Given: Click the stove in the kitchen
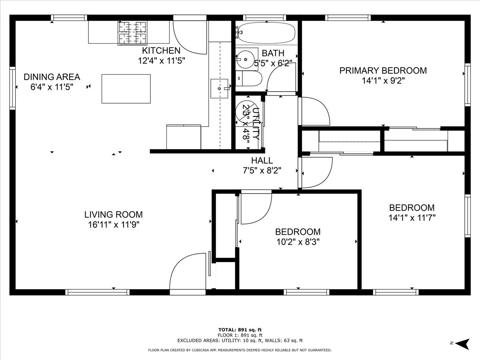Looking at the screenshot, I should point(132,32).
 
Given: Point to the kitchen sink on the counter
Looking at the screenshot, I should point(219,88).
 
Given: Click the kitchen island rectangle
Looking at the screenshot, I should point(126,88).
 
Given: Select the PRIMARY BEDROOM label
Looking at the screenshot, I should point(383,71).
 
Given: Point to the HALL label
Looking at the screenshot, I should point(262,161).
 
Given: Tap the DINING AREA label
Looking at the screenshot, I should point(52,77).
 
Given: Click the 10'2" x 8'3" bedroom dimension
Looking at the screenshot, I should point(297,242).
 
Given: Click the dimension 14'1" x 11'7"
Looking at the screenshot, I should point(412,218).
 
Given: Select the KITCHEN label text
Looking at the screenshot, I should point(161,51).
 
